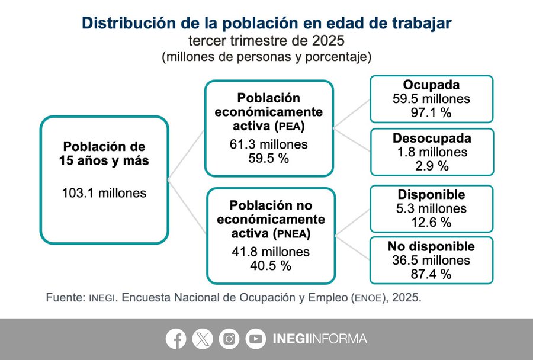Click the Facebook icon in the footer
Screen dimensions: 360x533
[x=176, y=339]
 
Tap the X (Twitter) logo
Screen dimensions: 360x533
[x=203, y=339]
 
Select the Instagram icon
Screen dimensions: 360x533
[x=229, y=339]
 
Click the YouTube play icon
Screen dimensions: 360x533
[x=256, y=339]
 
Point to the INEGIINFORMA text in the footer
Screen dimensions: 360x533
[x=320, y=339]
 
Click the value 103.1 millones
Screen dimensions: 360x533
[x=104, y=192]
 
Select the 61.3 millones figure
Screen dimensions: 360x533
[x=269, y=144]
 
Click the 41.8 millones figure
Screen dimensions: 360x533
[x=270, y=252]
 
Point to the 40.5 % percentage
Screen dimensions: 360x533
[x=270, y=266]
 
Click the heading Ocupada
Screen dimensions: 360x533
[x=431, y=85]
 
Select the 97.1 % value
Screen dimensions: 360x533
[x=431, y=112]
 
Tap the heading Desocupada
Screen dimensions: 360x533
[x=432, y=139]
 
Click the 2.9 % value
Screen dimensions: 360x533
[x=432, y=166]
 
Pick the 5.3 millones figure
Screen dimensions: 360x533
[x=431, y=208]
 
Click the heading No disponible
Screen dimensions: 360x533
[x=431, y=246]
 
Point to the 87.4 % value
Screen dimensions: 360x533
[x=431, y=274]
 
